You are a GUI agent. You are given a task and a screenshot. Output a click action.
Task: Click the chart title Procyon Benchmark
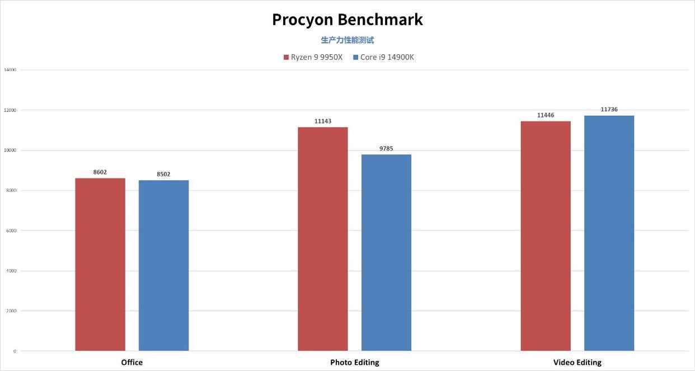click(347, 20)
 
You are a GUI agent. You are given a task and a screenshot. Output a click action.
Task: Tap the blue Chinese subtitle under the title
click(347, 40)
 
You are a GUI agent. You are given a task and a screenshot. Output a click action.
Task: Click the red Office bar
click(100, 265)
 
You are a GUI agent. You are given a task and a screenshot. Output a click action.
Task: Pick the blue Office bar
click(163, 266)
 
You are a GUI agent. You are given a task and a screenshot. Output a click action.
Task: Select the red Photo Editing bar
click(322, 239)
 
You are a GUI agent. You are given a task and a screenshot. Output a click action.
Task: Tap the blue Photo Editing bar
click(386, 253)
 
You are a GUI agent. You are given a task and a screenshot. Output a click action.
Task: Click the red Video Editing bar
click(546, 236)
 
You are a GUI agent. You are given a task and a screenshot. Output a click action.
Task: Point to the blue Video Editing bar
click(609, 233)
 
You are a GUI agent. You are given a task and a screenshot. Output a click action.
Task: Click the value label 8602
click(100, 172)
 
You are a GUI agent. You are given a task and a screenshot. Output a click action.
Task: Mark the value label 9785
click(386, 149)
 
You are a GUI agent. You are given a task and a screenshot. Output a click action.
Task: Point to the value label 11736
click(609, 110)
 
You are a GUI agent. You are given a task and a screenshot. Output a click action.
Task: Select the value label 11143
click(322, 121)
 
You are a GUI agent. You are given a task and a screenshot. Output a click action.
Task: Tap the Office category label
click(132, 363)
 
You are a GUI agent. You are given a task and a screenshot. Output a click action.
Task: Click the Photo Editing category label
click(354, 363)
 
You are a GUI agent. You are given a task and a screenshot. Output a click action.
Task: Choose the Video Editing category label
click(577, 363)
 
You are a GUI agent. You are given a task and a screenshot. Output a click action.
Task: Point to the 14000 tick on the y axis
click(10, 70)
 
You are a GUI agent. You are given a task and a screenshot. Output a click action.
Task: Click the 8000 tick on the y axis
click(11, 191)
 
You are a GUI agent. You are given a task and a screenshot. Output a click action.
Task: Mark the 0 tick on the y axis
click(15, 351)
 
